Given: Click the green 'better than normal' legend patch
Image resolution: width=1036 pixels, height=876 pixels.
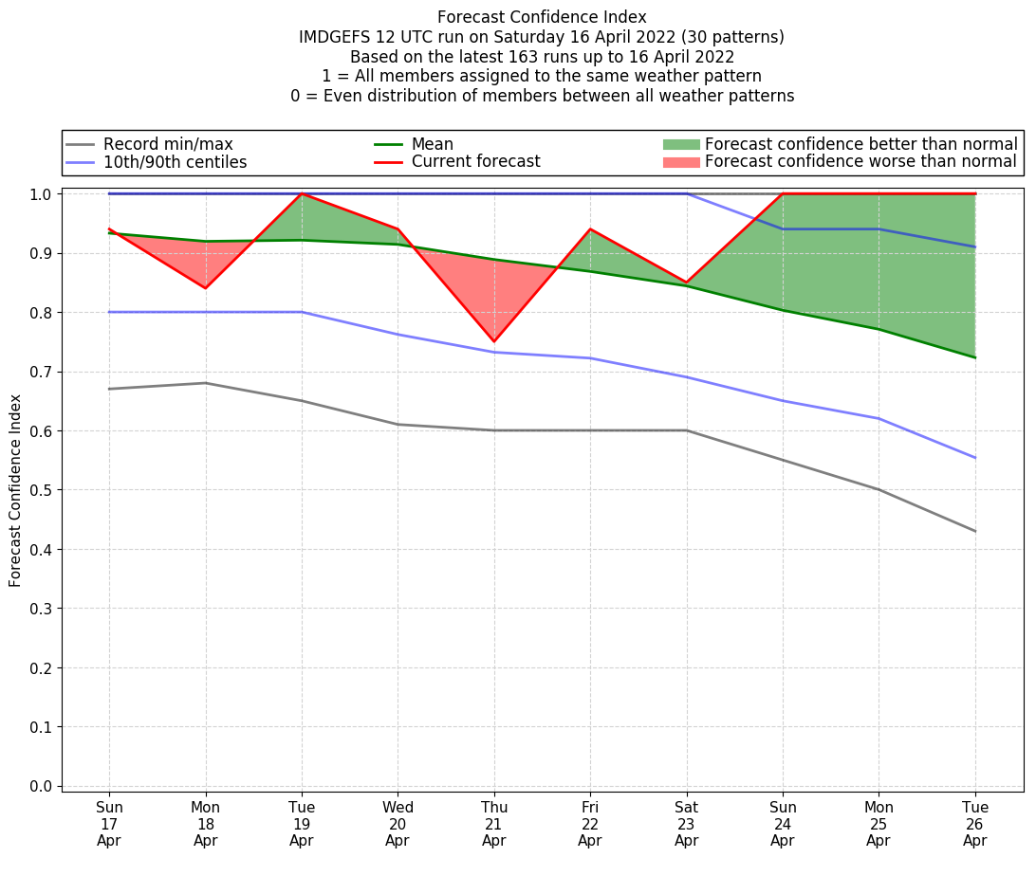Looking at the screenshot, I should click(680, 144).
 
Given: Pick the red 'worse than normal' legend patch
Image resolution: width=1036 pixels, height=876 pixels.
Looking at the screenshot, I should click(680, 162).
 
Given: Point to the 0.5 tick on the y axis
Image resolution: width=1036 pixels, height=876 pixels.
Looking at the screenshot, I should click(41, 490).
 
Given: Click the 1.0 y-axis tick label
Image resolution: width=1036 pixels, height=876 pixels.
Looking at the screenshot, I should click(41, 194).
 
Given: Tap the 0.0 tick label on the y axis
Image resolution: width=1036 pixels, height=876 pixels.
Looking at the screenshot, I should click(41, 786).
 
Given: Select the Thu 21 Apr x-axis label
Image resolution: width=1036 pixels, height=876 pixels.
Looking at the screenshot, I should click(493, 824).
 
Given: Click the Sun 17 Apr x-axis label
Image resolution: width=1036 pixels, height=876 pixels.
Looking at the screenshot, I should click(109, 824).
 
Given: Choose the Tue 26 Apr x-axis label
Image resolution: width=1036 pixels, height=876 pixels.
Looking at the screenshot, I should click(974, 824).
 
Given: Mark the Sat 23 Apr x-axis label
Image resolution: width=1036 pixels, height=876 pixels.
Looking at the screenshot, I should click(686, 824).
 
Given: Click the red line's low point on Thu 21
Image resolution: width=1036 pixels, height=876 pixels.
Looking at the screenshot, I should click(493, 341).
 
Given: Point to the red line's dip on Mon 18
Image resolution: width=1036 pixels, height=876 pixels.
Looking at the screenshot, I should click(205, 288).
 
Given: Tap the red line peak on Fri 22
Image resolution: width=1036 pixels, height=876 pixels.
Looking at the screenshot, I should click(590, 229).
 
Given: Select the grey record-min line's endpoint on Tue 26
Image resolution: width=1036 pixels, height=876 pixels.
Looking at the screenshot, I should click(974, 531).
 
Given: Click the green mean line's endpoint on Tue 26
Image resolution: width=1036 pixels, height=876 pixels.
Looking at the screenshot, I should click(974, 357).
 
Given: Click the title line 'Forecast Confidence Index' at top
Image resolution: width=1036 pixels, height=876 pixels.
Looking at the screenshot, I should click(542, 17).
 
